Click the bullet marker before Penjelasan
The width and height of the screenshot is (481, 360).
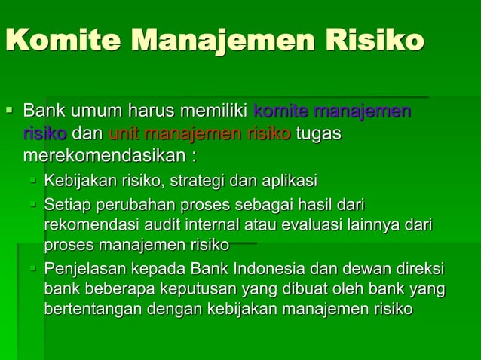(x=34, y=268)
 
